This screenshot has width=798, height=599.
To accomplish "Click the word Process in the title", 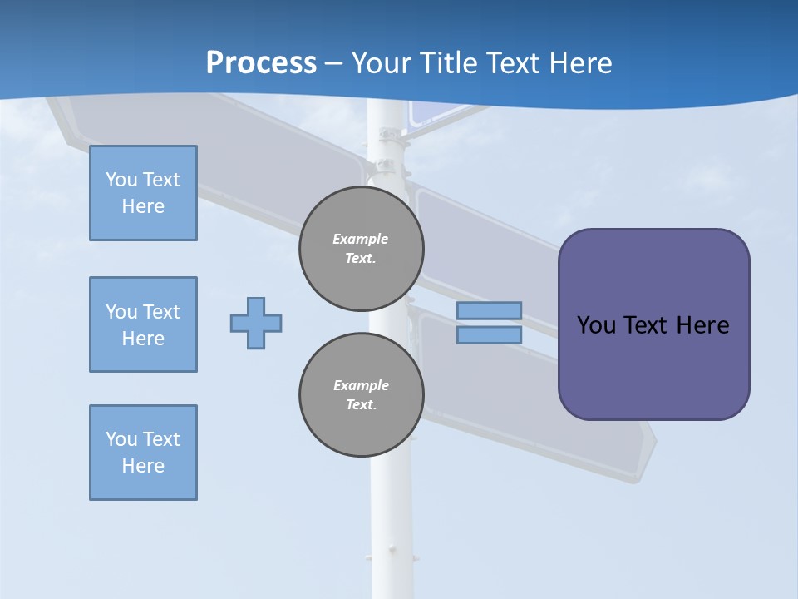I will (x=261, y=62).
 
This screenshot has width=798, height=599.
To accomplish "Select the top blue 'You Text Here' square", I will (x=143, y=193).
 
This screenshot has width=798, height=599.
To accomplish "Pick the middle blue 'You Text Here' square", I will (x=143, y=324).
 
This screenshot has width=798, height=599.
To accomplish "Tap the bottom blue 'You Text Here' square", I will (x=143, y=453).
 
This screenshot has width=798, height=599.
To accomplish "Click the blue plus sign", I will (x=256, y=323).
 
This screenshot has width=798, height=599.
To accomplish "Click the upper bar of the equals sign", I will (x=489, y=311).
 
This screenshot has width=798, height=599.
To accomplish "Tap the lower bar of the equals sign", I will (x=489, y=335).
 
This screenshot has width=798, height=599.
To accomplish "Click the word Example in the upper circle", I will (x=361, y=239).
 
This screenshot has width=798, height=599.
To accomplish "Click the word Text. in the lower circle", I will (x=361, y=405).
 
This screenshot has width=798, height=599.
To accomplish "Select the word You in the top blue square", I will (x=121, y=180).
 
